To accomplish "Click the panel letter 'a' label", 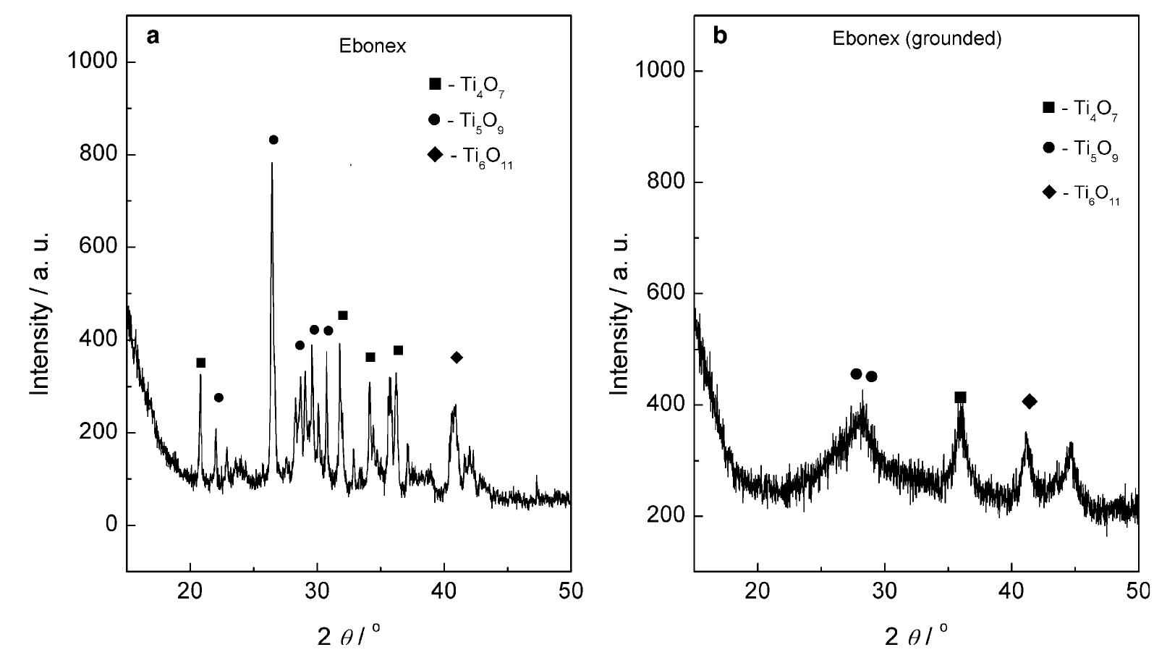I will tap(153, 36).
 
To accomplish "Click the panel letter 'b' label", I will tap(720, 36).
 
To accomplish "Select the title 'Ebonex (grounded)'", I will tap(917, 39).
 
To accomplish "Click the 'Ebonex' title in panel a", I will tap(373, 46).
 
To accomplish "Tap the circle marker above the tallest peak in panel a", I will tap(273, 140).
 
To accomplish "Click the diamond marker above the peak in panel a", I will tap(457, 358).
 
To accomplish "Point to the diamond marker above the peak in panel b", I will tap(1030, 402).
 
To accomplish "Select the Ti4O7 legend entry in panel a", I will tap(471, 85).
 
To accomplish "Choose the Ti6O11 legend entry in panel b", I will tap(1082, 194).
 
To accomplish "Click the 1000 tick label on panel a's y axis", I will tap(92, 62).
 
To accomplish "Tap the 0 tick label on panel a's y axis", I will tap(111, 525).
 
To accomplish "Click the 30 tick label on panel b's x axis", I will tap(885, 591).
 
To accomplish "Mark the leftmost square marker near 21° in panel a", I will tap(201, 363).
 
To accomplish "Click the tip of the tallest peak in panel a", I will tap(272, 164).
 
